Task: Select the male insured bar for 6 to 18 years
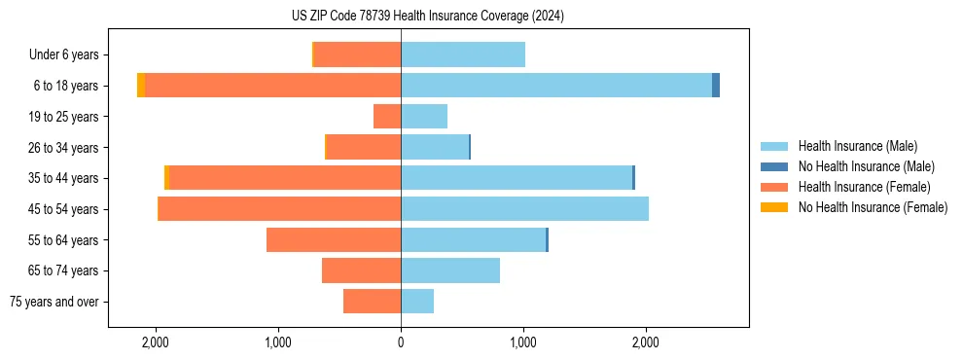click(x=556, y=86)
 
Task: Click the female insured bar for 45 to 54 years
click(x=280, y=209)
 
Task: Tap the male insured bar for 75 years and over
click(x=417, y=302)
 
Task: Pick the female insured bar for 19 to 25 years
click(x=387, y=117)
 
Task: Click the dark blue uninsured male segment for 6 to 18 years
click(x=716, y=86)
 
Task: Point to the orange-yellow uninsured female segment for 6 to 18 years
click(x=141, y=86)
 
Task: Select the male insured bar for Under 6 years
click(x=463, y=54)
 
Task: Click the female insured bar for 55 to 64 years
click(x=334, y=240)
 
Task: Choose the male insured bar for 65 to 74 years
click(x=450, y=270)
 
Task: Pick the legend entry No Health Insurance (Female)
click(x=866, y=207)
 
